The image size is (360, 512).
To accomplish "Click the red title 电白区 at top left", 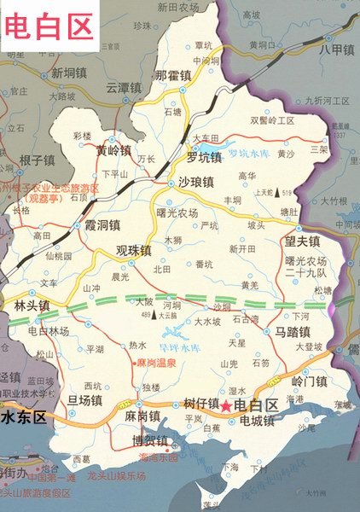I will pyautogui.click(x=49, y=26).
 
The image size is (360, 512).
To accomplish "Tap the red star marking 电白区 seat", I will pyautogui.click(x=226, y=406).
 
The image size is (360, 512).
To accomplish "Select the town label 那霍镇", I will pyautogui.click(x=171, y=76).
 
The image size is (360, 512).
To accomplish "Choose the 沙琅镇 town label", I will pyautogui.click(x=195, y=183).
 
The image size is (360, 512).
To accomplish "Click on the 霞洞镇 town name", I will pyautogui.click(x=101, y=226).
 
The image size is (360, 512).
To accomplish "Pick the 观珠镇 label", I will pyautogui.click(x=133, y=251).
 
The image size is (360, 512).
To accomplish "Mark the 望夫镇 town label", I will pyautogui.click(x=302, y=241).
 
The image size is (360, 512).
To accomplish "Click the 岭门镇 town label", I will pyautogui.click(x=309, y=381).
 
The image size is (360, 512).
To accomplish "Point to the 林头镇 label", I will pyautogui.click(x=32, y=305).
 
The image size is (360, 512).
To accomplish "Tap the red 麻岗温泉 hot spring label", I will pyautogui.click(x=156, y=363).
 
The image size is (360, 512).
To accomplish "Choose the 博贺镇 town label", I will pyautogui.click(x=149, y=442).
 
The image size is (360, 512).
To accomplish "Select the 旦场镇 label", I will pyautogui.click(x=85, y=400).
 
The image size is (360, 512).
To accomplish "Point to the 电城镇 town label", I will pyautogui.click(x=256, y=421).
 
